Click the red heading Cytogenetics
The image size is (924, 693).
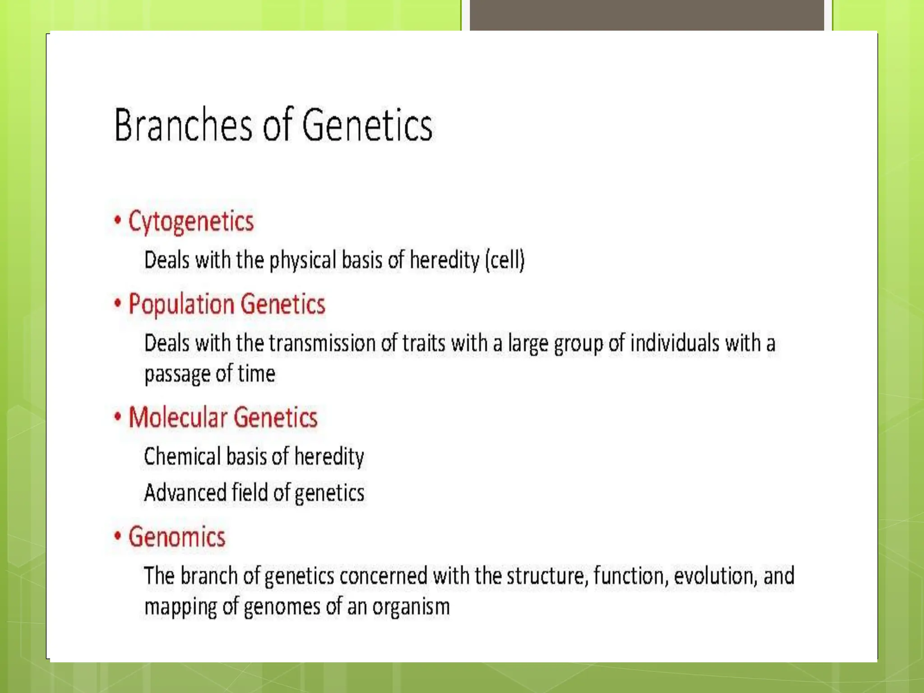[191, 222]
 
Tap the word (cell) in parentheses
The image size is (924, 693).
[505, 260]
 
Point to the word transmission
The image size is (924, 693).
[322, 343]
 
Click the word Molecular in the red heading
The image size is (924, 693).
[178, 417]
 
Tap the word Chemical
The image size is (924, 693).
[182, 457]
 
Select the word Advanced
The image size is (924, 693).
[185, 493]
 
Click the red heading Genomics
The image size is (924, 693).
[176, 537]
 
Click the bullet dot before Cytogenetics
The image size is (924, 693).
[118, 220]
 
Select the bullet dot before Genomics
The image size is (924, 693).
[118, 536]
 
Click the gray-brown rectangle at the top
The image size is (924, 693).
[647, 15]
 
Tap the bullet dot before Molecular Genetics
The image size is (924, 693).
[118, 416]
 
